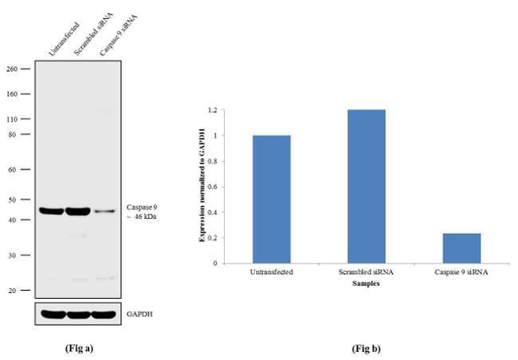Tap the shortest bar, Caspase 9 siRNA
(461, 248)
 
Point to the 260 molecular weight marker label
(13, 68)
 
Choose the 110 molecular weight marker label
(13, 119)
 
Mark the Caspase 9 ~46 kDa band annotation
(142, 211)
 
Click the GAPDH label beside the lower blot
(140, 314)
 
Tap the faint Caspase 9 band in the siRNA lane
(105, 212)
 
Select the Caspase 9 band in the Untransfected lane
(52, 211)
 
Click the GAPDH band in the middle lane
(78, 314)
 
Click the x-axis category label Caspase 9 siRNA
(461, 272)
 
